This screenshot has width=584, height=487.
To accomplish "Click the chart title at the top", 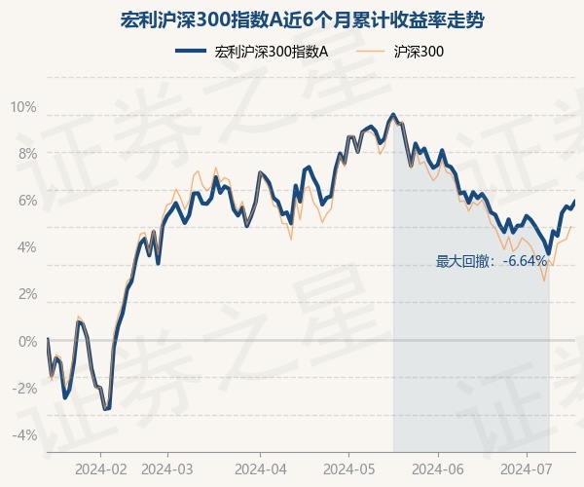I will pos(291,19).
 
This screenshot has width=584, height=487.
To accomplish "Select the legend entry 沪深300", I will pos(420,53).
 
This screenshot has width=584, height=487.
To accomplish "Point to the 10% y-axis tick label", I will pos(23,106).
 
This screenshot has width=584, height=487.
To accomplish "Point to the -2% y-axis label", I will pos(23,388).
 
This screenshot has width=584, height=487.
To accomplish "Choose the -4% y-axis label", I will pos(23,434).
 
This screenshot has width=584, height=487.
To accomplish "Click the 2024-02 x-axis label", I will pos(100,468).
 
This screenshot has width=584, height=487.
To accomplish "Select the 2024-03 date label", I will pos(167,468).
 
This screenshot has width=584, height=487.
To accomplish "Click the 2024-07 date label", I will pos(526,468).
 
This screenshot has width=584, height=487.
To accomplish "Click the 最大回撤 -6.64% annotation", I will pos(491,261).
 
